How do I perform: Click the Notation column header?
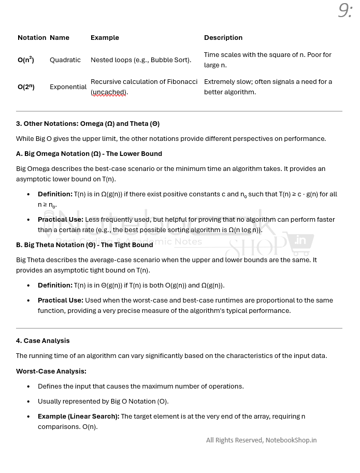coord(32,38)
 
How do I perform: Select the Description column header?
coord(223,38)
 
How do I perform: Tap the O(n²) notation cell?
coord(26,60)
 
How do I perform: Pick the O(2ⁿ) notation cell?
coord(26,87)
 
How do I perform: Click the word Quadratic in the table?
coord(65,60)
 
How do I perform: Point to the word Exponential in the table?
coord(68,87)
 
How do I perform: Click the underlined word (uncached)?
coord(109,92)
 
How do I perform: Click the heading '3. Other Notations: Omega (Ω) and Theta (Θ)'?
coord(88,124)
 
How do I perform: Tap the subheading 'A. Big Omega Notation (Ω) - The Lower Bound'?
coord(89,154)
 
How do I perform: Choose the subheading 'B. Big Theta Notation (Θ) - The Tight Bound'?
coord(84,245)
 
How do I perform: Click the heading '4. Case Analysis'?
coord(42,341)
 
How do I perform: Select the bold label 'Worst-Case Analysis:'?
coord(51,371)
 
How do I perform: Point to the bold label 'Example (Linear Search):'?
coord(78,417)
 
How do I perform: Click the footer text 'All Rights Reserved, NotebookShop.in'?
coord(261,440)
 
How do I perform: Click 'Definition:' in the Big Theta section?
coord(55,285)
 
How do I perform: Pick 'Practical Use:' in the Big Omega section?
coord(61,220)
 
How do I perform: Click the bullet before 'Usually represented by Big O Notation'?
coord(28,402)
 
